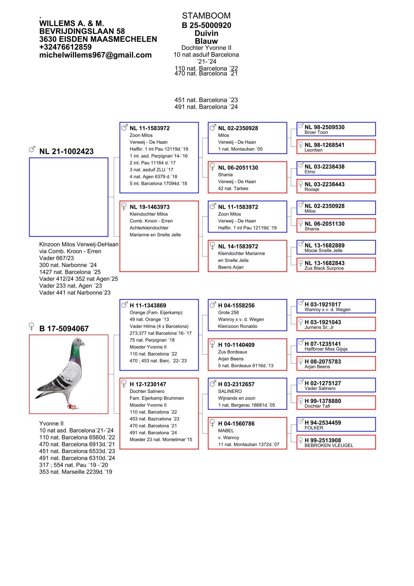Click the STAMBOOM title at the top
(206, 16)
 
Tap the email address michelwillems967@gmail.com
(95, 55)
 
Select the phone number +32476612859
(65, 47)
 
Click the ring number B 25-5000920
(206, 25)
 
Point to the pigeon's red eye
(78, 340)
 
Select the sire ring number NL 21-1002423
(66, 151)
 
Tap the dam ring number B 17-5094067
(64, 328)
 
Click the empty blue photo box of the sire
(69, 197)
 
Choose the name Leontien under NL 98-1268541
(313, 150)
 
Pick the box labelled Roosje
(336, 186)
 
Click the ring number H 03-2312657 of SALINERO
(236, 384)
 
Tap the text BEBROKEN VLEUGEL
(329, 445)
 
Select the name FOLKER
(314, 428)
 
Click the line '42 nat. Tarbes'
(233, 189)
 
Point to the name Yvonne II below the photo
(51, 423)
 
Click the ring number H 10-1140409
(236, 345)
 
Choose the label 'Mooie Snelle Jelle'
(323, 251)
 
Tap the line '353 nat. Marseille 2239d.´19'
(75, 472)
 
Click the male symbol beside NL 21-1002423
(32, 150)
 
